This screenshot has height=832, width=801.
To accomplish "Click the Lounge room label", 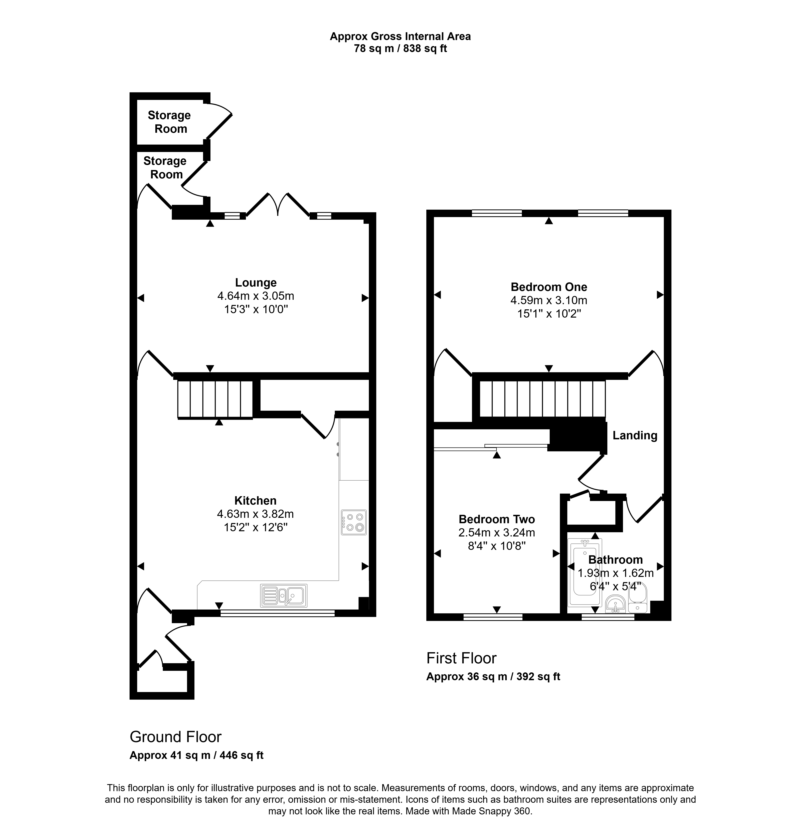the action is (256, 283).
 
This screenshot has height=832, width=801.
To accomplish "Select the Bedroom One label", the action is (549, 287).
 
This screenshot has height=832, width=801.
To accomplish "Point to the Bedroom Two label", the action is (497, 519).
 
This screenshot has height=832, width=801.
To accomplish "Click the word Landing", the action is (635, 436).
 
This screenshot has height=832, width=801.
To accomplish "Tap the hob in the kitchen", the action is (354, 522).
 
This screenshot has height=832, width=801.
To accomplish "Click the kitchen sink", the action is (284, 596).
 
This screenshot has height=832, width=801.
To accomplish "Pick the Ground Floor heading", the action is (176, 737).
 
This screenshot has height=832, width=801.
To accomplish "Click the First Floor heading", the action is (461, 658).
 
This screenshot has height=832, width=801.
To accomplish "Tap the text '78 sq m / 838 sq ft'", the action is (400, 49).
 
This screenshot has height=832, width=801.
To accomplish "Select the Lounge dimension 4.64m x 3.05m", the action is (256, 296).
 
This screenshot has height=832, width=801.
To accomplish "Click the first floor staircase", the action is (542, 399).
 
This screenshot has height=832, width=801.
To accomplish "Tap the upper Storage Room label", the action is (169, 122).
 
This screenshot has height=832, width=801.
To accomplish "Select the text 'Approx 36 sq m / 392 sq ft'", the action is (493, 677).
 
